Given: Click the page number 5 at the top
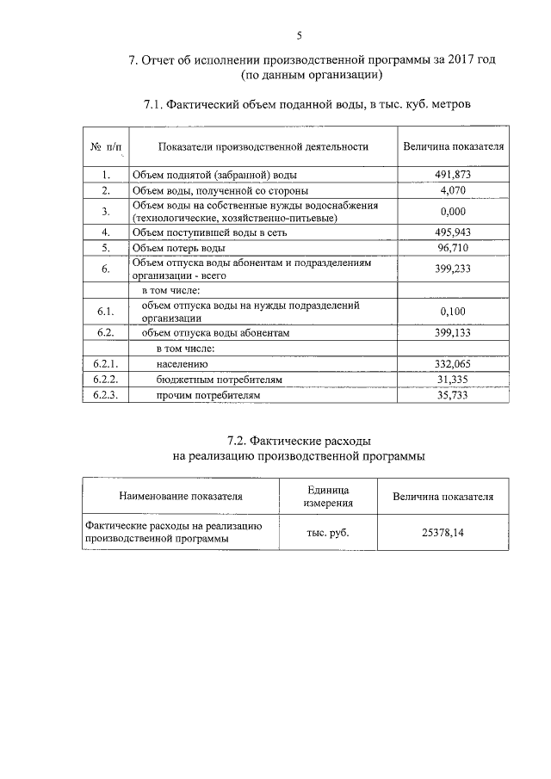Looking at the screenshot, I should pyautogui.click(x=299, y=35).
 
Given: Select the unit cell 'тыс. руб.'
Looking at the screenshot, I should pyautogui.click(x=328, y=533).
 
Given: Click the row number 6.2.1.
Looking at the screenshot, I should pyautogui.click(x=106, y=364).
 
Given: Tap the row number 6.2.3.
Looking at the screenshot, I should pyautogui.click(x=106, y=395).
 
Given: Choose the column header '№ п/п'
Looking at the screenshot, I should pyautogui.click(x=106, y=147).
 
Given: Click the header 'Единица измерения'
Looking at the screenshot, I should pyautogui.click(x=328, y=496).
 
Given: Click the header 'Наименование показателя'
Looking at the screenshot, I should pyautogui.click(x=181, y=497).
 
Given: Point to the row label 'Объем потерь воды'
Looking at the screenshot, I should pyautogui.click(x=178, y=248).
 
